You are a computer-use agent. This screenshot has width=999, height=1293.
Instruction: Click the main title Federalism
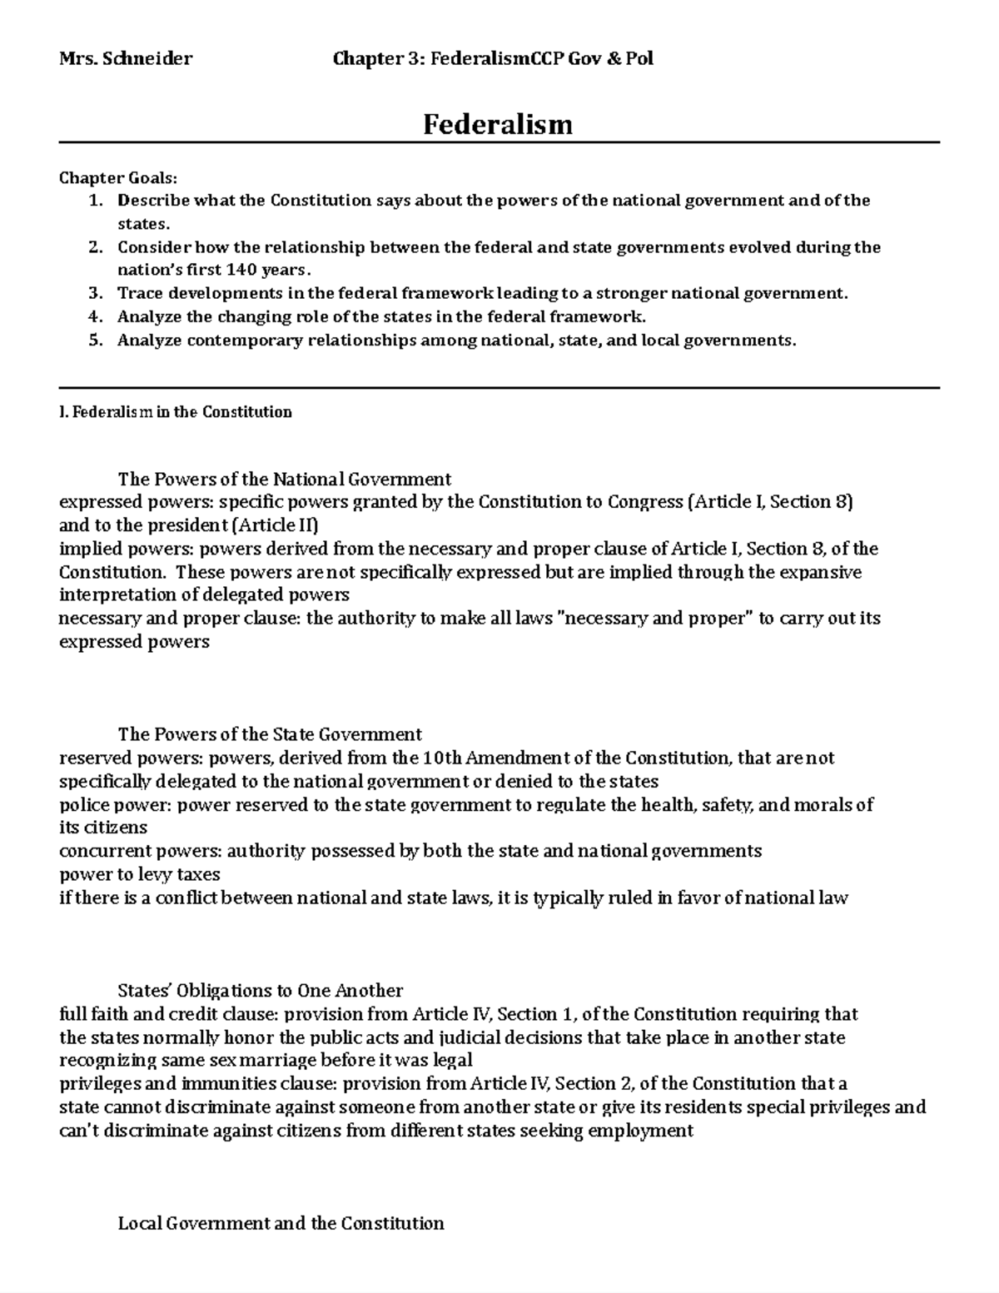pyautogui.click(x=498, y=125)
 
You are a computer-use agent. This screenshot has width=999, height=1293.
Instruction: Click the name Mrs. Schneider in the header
pyautogui.click(x=126, y=58)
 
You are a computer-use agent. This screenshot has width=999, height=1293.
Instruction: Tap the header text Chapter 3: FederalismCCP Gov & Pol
pyautogui.click(x=493, y=58)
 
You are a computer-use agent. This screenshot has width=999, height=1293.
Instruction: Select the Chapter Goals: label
pyautogui.click(x=117, y=177)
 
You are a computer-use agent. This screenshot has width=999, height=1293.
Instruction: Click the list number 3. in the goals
pyautogui.click(x=96, y=293)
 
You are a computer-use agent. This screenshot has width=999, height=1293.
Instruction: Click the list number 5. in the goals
pyautogui.click(x=96, y=340)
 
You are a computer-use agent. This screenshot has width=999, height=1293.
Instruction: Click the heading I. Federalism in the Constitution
pyautogui.click(x=176, y=412)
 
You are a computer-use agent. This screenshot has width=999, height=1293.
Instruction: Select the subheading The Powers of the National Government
pyautogui.click(x=285, y=479)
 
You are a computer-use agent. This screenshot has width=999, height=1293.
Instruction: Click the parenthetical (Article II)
pyautogui.click(x=275, y=525)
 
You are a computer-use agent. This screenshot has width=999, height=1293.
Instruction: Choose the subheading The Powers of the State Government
pyautogui.click(x=270, y=734)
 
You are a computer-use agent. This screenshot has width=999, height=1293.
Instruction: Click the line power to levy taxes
pyautogui.click(x=140, y=874)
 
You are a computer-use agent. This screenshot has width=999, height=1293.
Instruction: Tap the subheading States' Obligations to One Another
pyautogui.click(x=261, y=991)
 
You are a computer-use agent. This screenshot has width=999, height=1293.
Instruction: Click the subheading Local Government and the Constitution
pyautogui.click(x=281, y=1223)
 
